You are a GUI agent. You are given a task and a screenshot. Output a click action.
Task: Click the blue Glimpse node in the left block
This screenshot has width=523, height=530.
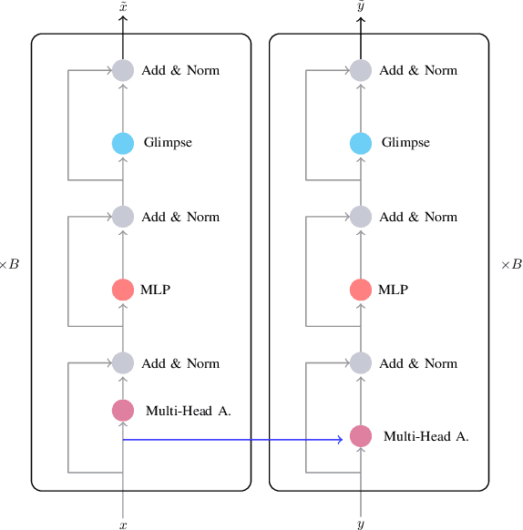click(x=123, y=143)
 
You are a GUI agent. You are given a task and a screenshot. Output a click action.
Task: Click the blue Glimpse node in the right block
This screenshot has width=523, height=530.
click(x=361, y=143)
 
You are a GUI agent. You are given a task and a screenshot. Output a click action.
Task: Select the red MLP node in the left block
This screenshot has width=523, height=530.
click(x=123, y=290)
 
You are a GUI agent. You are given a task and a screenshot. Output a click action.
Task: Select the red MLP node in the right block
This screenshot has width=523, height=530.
click(x=361, y=290)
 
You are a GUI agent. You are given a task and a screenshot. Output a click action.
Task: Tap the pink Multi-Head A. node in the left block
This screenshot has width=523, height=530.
click(x=123, y=411)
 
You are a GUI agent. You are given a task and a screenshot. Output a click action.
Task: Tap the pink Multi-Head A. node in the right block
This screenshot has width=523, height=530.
click(x=361, y=436)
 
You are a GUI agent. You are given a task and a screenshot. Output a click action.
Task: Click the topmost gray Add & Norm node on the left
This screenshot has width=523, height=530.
click(x=123, y=70)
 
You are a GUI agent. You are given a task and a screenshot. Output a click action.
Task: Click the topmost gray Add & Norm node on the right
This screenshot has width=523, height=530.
click(x=361, y=70)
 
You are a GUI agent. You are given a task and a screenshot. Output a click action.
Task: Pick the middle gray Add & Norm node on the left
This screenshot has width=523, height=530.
click(x=123, y=217)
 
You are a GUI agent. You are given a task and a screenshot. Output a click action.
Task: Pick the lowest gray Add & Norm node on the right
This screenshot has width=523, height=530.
click(x=361, y=363)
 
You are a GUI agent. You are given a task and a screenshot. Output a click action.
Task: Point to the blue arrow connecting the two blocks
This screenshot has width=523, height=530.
click(x=232, y=440)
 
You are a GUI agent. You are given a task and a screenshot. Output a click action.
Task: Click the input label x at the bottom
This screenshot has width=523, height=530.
click(x=123, y=525)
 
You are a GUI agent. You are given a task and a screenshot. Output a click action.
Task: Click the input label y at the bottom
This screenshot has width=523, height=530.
click(x=361, y=525)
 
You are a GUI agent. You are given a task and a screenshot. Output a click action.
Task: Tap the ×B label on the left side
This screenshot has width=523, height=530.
click(x=9, y=265)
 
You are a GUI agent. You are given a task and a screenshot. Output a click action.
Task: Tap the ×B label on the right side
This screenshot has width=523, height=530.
click(x=511, y=265)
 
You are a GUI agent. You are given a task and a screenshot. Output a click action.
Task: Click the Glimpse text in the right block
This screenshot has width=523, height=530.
click(x=405, y=143)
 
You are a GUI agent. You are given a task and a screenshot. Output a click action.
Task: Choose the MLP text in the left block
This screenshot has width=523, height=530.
click(x=156, y=290)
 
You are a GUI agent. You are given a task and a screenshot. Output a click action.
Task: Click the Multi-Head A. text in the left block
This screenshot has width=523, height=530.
click(x=188, y=411)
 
